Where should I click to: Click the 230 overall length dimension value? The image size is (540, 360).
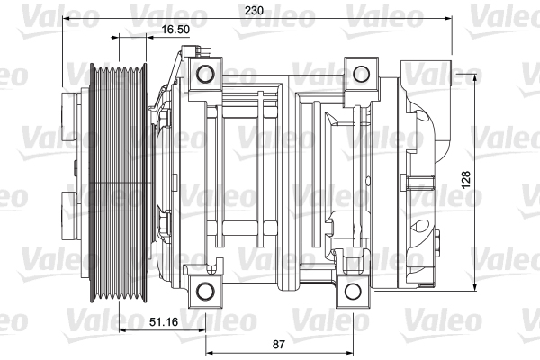pos(254,11)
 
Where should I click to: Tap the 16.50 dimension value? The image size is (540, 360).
pos(175,30)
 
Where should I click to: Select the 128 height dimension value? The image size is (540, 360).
pos(465,179)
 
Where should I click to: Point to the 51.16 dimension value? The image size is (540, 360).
pos(164,322)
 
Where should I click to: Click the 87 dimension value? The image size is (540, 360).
pos(279,344)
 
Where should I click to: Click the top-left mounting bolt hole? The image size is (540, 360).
pos(205,74)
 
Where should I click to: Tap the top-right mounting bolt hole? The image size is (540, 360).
pos(361,74)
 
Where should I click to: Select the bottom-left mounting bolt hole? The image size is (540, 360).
pos(205,292)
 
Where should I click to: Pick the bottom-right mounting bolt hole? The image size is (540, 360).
pos(353,292)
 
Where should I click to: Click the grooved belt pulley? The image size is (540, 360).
pos(119,183)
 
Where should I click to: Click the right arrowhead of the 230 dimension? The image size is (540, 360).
pos(447,18)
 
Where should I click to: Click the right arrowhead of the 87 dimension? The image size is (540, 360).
pos(348,353)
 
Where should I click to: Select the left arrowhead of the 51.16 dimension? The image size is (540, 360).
pos(123,330)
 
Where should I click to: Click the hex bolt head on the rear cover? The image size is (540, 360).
pos(437,244)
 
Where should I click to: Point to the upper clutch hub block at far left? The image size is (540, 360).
pos(68,117)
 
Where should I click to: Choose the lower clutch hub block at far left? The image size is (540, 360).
pos(68,216)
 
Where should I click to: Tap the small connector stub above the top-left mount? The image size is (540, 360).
pos(205,50)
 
